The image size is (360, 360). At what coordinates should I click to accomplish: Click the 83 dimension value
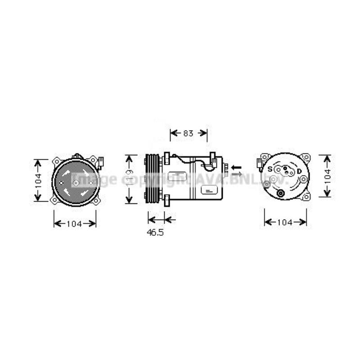point(188,133)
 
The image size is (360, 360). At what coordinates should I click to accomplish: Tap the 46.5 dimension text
point(155,234)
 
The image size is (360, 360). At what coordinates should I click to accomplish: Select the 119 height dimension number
point(130,179)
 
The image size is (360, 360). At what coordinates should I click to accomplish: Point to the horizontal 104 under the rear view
point(285,222)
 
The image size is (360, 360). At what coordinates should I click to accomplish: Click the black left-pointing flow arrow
point(236,167)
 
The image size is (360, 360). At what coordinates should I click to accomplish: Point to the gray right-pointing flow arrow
point(236,174)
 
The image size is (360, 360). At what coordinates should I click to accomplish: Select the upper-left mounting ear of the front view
point(57,161)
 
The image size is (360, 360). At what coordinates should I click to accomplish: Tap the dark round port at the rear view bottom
point(280,193)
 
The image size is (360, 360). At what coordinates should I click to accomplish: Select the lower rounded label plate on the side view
point(209,191)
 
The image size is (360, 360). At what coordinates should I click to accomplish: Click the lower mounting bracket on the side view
point(166,201)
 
